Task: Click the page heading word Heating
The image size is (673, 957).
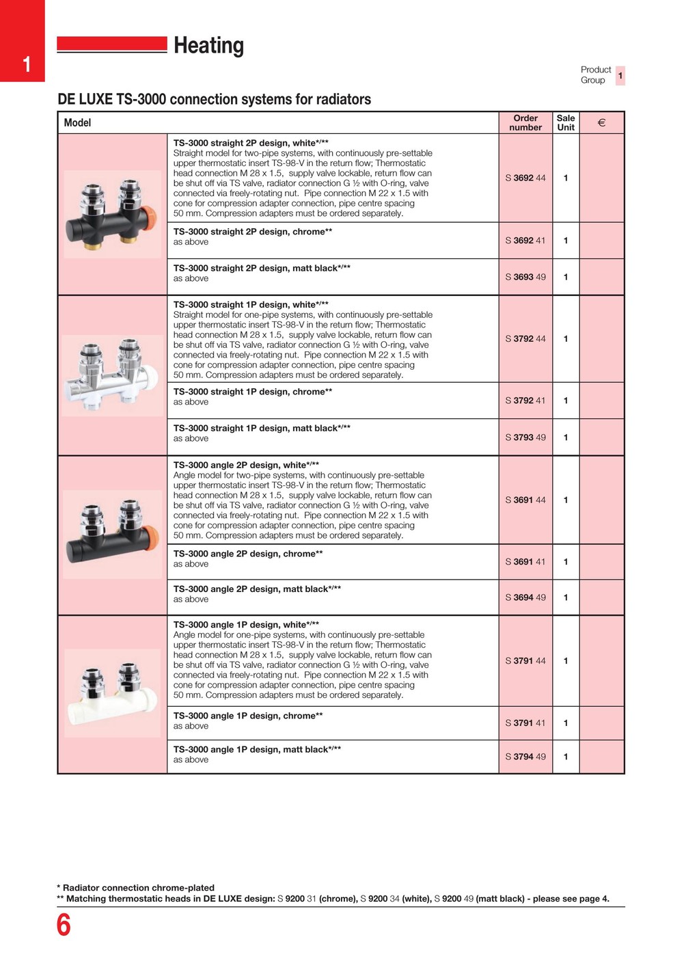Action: [208, 46]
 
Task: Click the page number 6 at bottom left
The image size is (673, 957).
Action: [64, 925]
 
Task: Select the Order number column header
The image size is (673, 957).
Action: [525, 122]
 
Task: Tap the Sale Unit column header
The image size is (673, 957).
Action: [566, 122]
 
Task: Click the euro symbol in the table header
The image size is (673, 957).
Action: [601, 123]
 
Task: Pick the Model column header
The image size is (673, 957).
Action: [77, 123]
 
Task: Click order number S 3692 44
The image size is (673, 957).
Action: [525, 178]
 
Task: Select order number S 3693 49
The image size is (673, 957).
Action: [525, 277]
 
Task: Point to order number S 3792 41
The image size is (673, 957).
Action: [525, 401]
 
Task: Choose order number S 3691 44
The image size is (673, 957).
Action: [525, 500]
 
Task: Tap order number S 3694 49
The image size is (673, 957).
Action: [525, 597]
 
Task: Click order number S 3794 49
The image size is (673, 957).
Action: [525, 757]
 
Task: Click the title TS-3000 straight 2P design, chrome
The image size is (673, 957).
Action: [252, 232]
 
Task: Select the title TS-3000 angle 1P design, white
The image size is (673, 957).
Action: [246, 625]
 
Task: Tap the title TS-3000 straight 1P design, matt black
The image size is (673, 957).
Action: [261, 429]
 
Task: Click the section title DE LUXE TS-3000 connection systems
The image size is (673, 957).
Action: [214, 99]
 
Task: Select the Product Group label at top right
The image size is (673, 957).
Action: [596, 75]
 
